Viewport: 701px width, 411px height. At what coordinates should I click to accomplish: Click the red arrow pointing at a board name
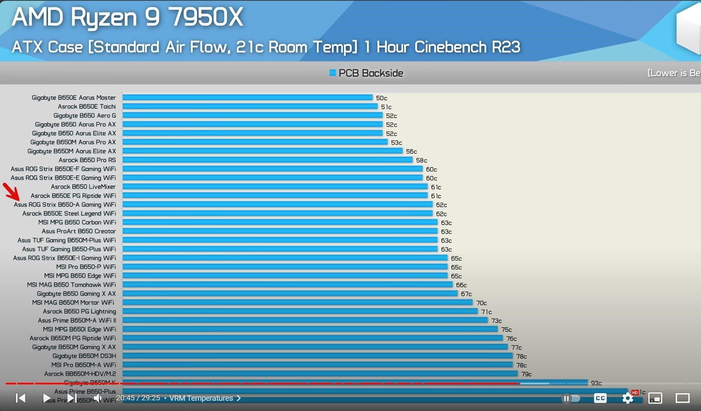click(11, 192)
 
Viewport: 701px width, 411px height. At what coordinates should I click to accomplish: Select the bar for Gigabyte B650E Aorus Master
click(247, 98)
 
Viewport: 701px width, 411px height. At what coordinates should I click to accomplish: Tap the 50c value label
click(381, 98)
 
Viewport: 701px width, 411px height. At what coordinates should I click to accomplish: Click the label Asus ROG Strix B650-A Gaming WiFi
click(65, 205)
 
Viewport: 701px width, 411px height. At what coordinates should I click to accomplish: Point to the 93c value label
click(596, 383)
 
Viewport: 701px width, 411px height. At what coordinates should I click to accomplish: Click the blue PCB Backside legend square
click(333, 73)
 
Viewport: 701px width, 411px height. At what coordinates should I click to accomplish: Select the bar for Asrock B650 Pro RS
click(267, 160)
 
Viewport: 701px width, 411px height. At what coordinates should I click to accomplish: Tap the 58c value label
click(421, 161)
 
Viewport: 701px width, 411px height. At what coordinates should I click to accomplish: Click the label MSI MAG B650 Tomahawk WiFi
click(71, 285)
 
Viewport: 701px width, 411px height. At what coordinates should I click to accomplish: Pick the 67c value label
click(466, 294)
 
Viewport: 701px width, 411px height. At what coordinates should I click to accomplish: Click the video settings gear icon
click(627, 398)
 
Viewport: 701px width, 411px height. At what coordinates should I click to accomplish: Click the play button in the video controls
click(47, 398)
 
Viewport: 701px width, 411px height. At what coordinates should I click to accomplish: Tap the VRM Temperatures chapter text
click(201, 398)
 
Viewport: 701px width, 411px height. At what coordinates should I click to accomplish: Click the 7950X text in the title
click(206, 17)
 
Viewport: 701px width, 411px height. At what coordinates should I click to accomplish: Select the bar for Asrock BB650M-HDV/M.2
click(320, 374)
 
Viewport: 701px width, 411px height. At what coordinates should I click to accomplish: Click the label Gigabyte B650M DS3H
click(84, 356)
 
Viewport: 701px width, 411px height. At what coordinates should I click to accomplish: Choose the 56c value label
click(411, 151)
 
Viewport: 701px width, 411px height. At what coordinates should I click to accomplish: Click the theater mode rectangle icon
click(682, 398)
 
